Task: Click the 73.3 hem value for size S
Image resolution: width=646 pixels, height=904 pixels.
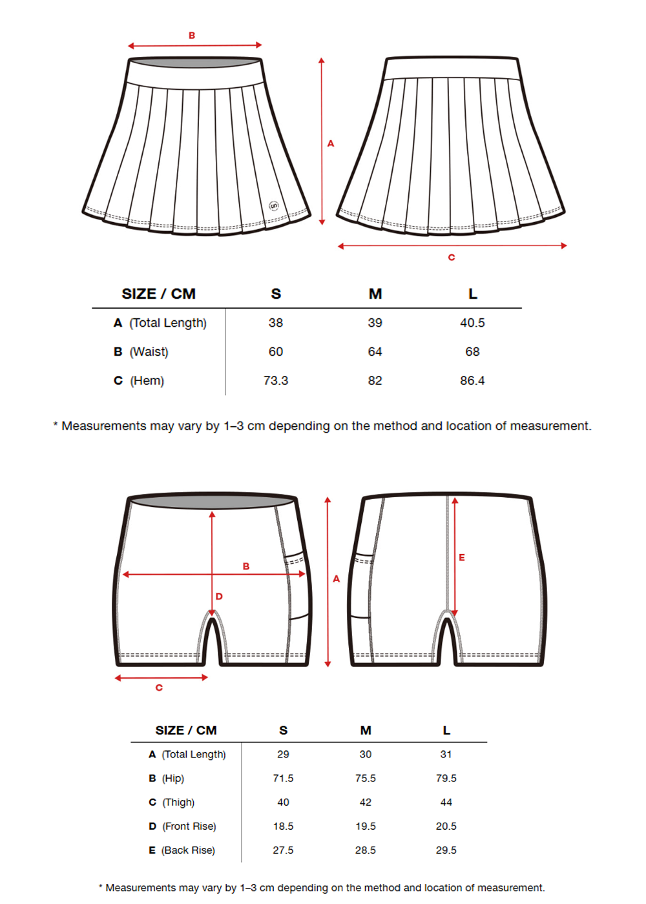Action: coord(276,380)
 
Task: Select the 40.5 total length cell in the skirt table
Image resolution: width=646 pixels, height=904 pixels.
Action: coord(472,323)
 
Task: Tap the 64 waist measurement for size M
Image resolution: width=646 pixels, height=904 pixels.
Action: coord(375,352)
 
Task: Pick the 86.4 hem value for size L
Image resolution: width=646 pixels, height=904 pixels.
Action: coord(472,380)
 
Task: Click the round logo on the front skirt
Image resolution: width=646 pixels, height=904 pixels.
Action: coord(274,206)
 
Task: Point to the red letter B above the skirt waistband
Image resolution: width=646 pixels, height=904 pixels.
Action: coord(192,36)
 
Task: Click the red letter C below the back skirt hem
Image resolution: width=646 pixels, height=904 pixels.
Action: coord(452,257)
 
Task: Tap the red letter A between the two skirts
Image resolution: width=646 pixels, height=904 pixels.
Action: coord(331,143)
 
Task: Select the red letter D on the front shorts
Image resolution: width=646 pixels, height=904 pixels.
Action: coord(219,596)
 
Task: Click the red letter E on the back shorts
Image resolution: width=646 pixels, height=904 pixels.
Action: coord(462,557)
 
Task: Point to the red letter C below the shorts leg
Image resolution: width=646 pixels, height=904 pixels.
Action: coord(159,688)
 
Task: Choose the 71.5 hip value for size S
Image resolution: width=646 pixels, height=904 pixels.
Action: coord(283,778)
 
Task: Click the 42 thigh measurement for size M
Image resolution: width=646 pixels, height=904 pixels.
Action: coord(366,802)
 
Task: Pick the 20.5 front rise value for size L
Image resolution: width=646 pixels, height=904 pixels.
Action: coord(446,826)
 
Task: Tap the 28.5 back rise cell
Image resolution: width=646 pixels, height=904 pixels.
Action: coord(366,850)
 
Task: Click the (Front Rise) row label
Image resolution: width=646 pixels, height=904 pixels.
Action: coord(189,826)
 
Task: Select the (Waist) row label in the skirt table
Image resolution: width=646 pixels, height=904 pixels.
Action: coord(149,352)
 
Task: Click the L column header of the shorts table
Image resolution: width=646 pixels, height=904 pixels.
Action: coord(446,730)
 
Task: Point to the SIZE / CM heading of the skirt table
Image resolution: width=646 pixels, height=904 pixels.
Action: coord(158,294)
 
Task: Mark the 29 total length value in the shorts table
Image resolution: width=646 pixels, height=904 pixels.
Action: coord(283,754)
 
